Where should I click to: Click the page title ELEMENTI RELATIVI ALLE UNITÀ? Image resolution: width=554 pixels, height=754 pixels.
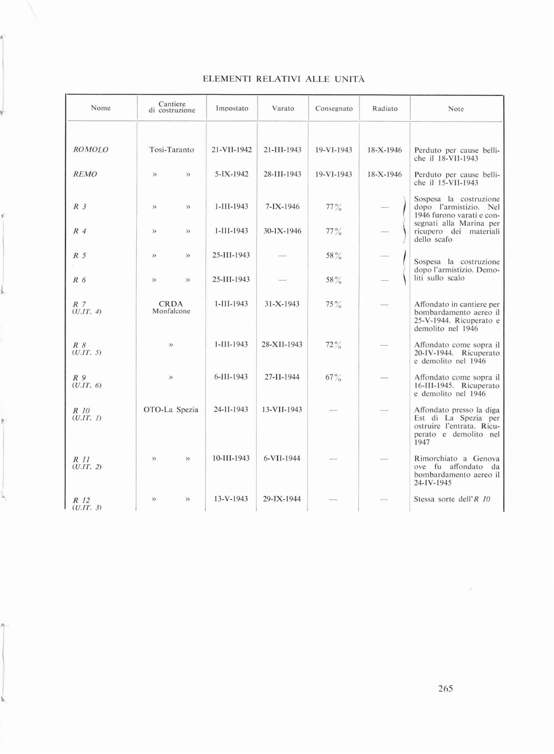pyautogui.click(x=284, y=79)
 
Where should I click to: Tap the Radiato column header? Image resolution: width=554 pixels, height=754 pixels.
pyautogui.click(x=385, y=109)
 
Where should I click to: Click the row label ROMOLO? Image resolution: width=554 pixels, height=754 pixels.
pyautogui.click(x=91, y=150)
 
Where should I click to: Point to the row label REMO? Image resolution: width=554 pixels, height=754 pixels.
pyautogui.click(x=85, y=174)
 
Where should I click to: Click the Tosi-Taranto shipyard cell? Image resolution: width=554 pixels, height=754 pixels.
pyautogui.click(x=171, y=150)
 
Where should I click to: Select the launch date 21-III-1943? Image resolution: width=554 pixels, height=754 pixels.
pyautogui.click(x=282, y=150)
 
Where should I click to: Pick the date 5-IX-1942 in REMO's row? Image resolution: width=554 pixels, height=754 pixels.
pyautogui.click(x=231, y=174)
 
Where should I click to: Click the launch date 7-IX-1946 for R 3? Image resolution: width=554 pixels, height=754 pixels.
pyautogui.click(x=282, y=207)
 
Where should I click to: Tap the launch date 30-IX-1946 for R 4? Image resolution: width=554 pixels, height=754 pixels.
pyautogui.click(x=282, y=231)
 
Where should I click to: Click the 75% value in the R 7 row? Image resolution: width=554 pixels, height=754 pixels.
pyautogui.click(x=333, y=304)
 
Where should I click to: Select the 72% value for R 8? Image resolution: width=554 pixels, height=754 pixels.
pyautogui.click(x=333, y=345)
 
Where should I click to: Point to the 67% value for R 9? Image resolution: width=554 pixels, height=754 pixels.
pyautogui.click(x=333, y=377)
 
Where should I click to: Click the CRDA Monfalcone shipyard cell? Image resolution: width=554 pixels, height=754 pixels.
pyautogui.click(x=171, y=307)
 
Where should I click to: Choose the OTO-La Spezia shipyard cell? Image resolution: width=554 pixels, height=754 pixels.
pyautogui.click(x=171, y=410)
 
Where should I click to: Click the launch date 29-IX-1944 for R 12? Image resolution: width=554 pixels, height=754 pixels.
pyautogui.click(x=282, y=499)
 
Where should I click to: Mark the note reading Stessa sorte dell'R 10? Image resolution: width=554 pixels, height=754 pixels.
pyautogui.click(x=452, y=499)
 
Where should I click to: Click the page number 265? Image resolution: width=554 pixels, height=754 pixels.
pyautogui.click(x=445, y=688)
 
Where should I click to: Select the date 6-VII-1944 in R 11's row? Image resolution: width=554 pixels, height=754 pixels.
pyautogui.click(x=282, y=458)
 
